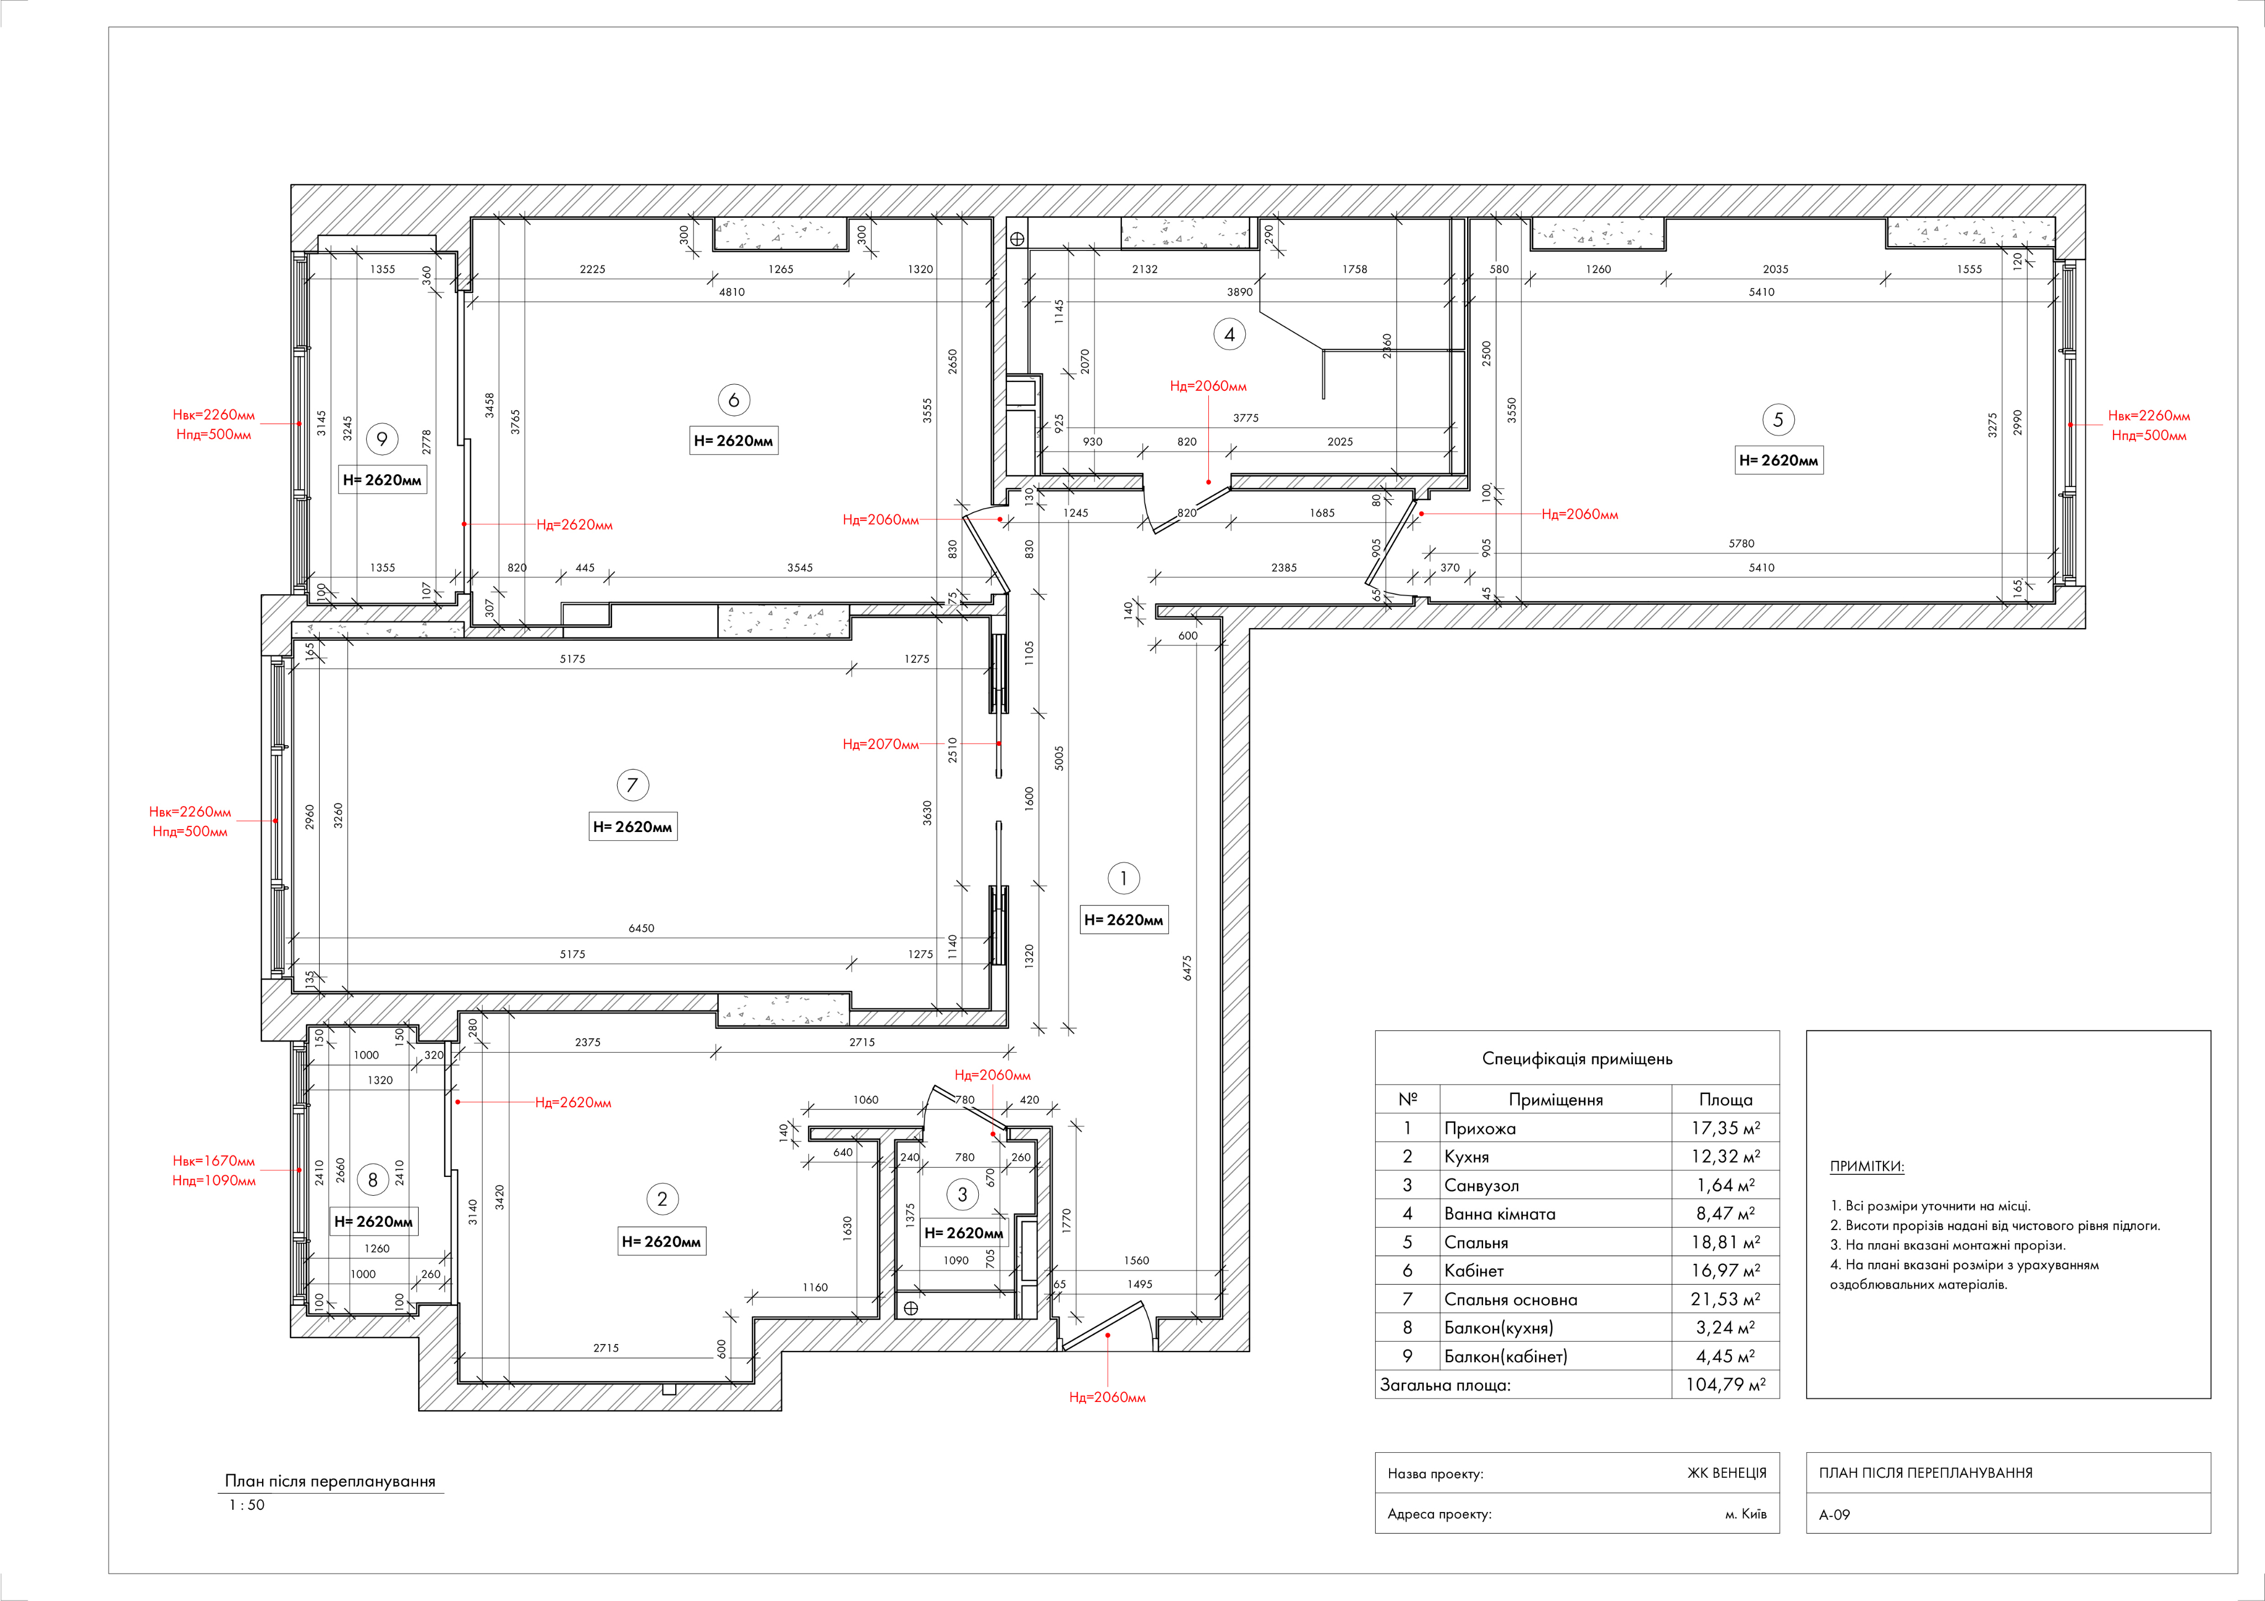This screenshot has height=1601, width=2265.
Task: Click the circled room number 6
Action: (733, 400)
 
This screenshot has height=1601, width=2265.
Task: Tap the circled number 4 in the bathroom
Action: (1229, 334)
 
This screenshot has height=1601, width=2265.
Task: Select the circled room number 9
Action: (382, 439)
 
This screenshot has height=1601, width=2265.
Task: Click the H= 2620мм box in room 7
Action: (633, 826)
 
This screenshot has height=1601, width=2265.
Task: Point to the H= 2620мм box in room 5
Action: (1779, 461)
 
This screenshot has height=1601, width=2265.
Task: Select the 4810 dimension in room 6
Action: (732, 292)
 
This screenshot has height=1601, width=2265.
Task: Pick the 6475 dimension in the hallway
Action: (1187, 967)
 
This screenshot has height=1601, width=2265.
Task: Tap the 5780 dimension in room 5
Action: (1741, 543)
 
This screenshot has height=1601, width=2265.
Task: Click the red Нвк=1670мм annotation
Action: (214, 1161)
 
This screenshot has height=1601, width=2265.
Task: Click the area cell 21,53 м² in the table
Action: (1725, 1299)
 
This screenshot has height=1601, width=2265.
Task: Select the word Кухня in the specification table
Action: (1467, 1157)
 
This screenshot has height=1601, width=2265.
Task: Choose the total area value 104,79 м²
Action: (1725, 1385)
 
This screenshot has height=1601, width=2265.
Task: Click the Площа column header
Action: (1725, 1100)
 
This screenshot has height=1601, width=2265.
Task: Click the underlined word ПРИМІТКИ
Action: (1866, 1166)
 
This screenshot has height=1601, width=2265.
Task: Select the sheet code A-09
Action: (1835, 1514)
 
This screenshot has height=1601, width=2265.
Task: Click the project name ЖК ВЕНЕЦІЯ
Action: (1726, 1473)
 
